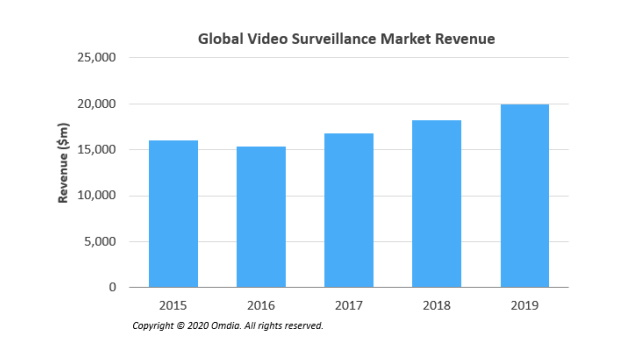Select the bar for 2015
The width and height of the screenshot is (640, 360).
pos(173,214)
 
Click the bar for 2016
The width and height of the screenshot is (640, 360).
pos(261,217)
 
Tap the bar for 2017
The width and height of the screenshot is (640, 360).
pos(349,210)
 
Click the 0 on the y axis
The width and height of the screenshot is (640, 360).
pos(113,288)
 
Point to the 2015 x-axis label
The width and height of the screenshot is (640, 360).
pos(173,305)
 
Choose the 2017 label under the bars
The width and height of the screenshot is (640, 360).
pos(349,305)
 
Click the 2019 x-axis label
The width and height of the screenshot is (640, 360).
pos(525,305)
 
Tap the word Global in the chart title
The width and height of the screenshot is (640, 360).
pos(218,39)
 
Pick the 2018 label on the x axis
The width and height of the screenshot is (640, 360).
pos(437,305)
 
